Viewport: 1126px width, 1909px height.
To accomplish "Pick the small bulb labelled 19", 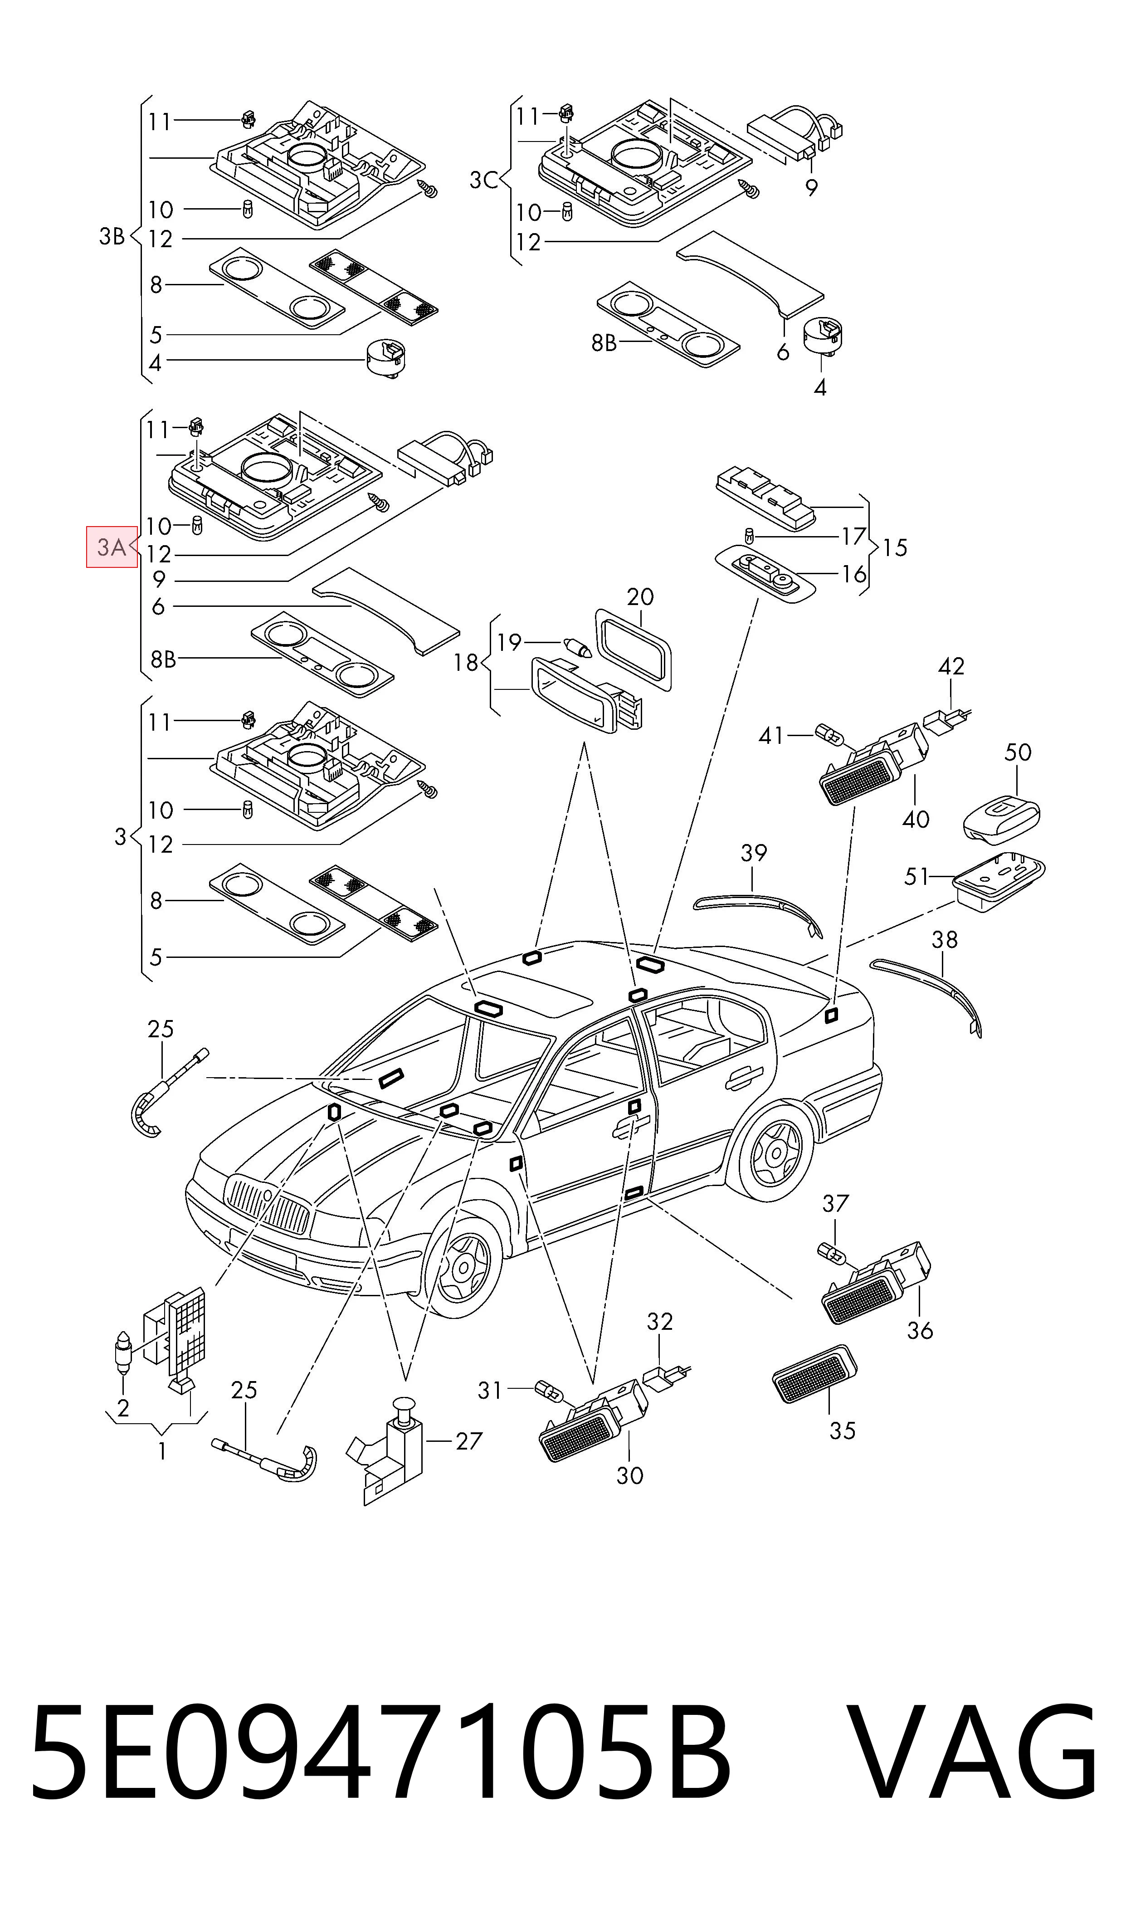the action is [x=582, y=646].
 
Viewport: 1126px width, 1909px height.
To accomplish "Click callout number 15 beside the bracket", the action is [x=895, y=548].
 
